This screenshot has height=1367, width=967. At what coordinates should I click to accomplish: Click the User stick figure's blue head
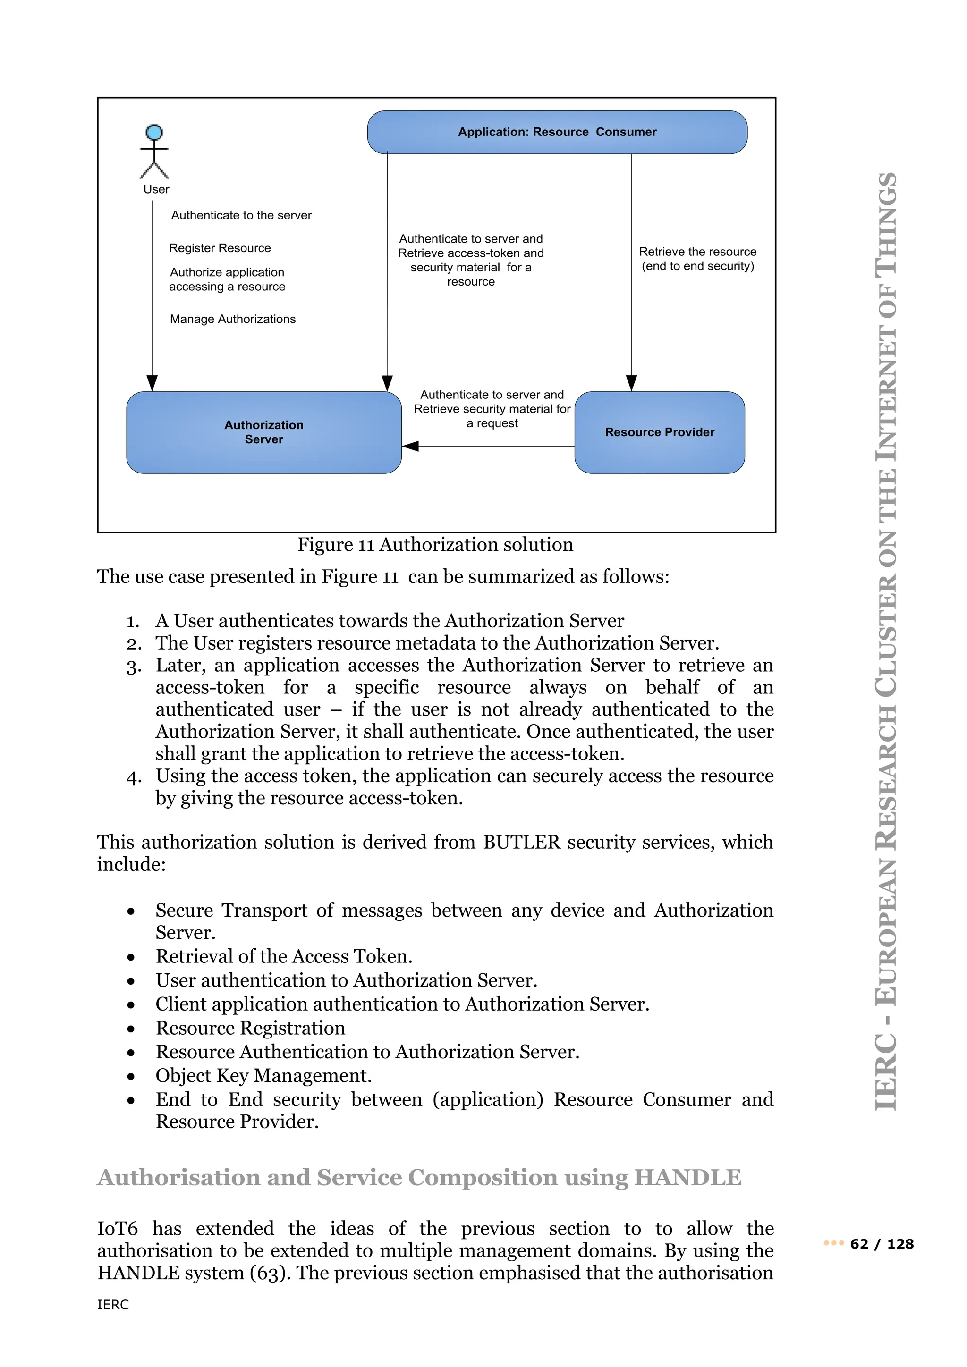click(x=154, y=132)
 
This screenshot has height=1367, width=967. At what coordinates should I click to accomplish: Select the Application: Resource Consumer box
click(x=557, y=132)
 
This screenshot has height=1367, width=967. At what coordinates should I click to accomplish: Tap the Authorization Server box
click(x=264, y=432)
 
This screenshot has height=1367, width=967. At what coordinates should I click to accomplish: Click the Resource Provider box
click(x=659, y=432)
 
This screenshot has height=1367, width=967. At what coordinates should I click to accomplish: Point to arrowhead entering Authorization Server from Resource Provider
click(x=410, y=446)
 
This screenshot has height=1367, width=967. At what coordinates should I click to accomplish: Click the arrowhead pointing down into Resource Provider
click(x=632, y=383)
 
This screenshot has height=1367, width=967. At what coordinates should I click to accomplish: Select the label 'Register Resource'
click(x=220, y=248)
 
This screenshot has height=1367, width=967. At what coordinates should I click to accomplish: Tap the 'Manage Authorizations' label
click(x=232, y=319)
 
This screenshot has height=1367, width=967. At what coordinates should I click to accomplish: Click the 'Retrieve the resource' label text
click(x=697, y=252)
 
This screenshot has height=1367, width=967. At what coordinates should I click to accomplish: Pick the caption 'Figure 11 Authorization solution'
click(x=435, y=545)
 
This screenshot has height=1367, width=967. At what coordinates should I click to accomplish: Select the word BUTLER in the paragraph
click(x=522, y=843)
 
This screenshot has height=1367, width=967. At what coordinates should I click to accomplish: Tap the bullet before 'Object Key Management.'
click(x=131, y=1076)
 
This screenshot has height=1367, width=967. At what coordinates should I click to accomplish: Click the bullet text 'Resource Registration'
click(x=250, y=1028)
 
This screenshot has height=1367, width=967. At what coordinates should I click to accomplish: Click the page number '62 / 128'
click(x=882, y=1244)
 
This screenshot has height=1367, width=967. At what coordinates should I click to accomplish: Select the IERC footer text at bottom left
click(x=113, y=1305)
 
